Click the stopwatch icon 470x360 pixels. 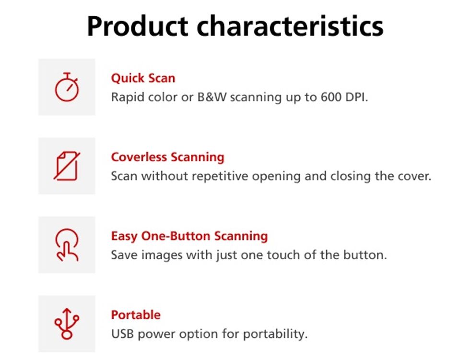(x=67, y=87)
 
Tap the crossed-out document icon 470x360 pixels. (x=67, y=166)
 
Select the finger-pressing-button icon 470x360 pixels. (x=67, y=245)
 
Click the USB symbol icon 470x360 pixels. (x=67, y=324)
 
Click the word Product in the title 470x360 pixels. (x=138, y=26)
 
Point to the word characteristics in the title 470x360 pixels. (x=290, y=26)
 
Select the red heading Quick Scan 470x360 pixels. (x=143, y=78)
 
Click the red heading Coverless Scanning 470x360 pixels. (x=167, y=157)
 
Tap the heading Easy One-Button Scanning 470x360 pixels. (x=189, y=236)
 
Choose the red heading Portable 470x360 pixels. (x=136, y=315)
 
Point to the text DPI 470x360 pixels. (x=355, y=97)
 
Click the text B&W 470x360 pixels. (x=212, y=97)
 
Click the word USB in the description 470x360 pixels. (x=122, y=334)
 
